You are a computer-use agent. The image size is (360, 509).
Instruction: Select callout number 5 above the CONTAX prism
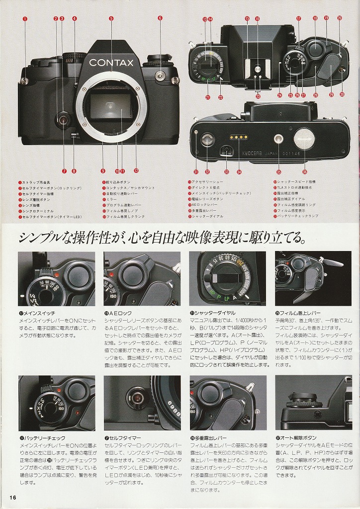tap(111, 18)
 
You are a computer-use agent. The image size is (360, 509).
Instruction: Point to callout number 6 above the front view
tap(160, 18)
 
